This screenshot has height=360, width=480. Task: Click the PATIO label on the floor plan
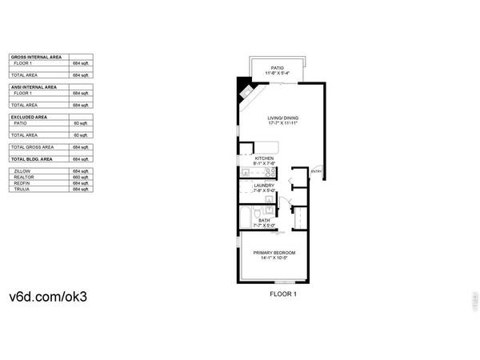click(278, 68)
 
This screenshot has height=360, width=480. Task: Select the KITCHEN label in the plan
click(265, 158)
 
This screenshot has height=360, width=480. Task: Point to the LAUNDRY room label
click(264, 186)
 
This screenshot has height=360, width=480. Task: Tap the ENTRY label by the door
click(316, 172)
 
